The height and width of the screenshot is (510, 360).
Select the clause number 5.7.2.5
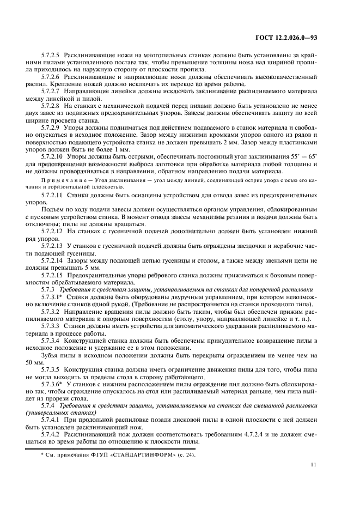[x=52, y=56]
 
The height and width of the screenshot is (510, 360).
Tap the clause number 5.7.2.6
[x=52, y=77]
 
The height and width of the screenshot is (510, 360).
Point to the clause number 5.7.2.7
[x=52, y=92]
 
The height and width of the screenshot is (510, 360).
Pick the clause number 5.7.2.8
[x=52, y=106]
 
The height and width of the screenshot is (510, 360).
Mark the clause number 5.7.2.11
[x=53, y=195]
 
